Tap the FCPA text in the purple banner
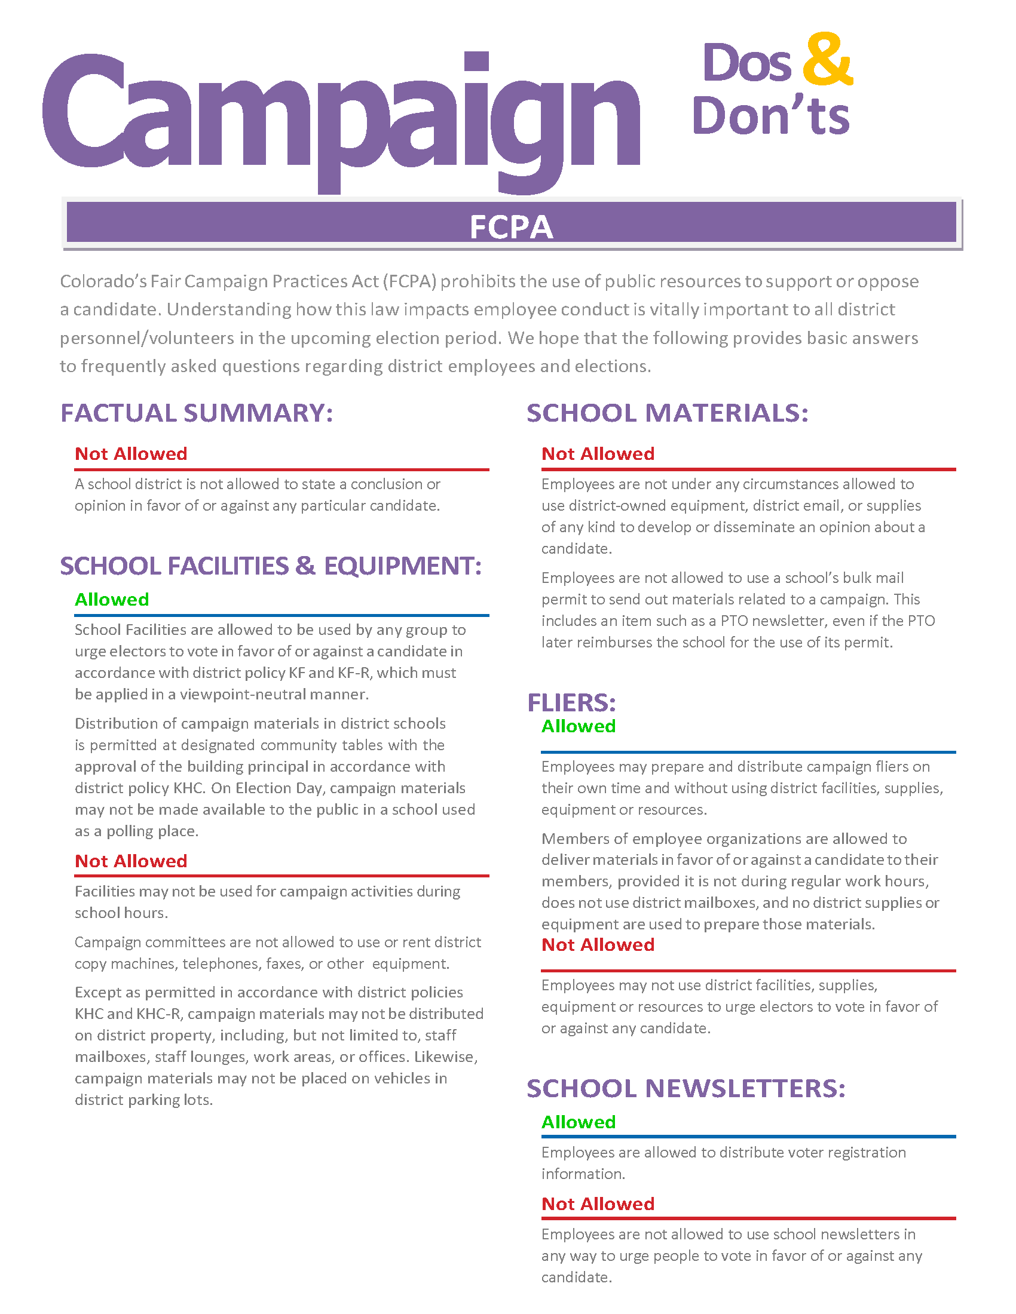pos(511,228)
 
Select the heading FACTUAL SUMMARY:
pos(196,413)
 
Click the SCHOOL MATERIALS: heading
pos(667,413)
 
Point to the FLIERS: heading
pos(571,702)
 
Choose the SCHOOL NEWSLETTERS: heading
pos(686,1088)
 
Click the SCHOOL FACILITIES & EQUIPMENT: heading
pos(270,566)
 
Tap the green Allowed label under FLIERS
pos(579,726)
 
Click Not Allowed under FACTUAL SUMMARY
pos(131,454)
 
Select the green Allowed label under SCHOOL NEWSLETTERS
pos(579,1122)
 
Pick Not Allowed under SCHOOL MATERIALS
pos(598,454)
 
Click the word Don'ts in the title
pos(770,116)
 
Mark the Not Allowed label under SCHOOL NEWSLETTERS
pos(598,1204)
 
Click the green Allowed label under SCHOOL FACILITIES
pos(112,600)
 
